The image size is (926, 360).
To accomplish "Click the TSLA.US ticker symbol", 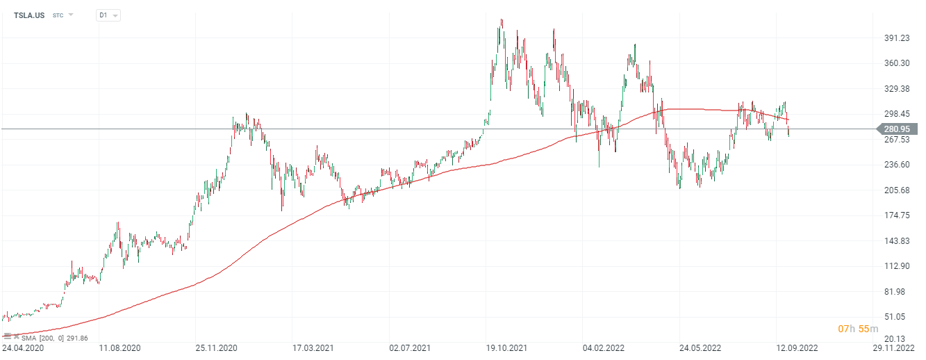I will (28, 15).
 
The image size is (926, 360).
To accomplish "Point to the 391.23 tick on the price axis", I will (895, 38).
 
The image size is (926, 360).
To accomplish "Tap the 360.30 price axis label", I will (895, 63).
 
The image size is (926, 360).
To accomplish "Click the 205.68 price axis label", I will (895, 190).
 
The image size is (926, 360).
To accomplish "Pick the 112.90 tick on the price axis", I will (895, 266).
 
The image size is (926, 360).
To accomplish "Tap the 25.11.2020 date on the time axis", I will (216, 347).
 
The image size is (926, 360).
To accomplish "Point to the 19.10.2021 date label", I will (506, 347).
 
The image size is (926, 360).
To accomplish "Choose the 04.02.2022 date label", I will (603, 347).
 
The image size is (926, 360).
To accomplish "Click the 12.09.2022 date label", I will (796, 347).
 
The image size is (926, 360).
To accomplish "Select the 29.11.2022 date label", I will (893, 347).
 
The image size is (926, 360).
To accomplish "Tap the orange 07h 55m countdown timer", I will (853, 328).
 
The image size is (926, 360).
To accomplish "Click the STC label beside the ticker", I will (58, 15).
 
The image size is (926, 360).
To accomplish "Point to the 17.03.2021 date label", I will (313, 347).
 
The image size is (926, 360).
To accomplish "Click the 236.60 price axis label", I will (895, 165).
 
